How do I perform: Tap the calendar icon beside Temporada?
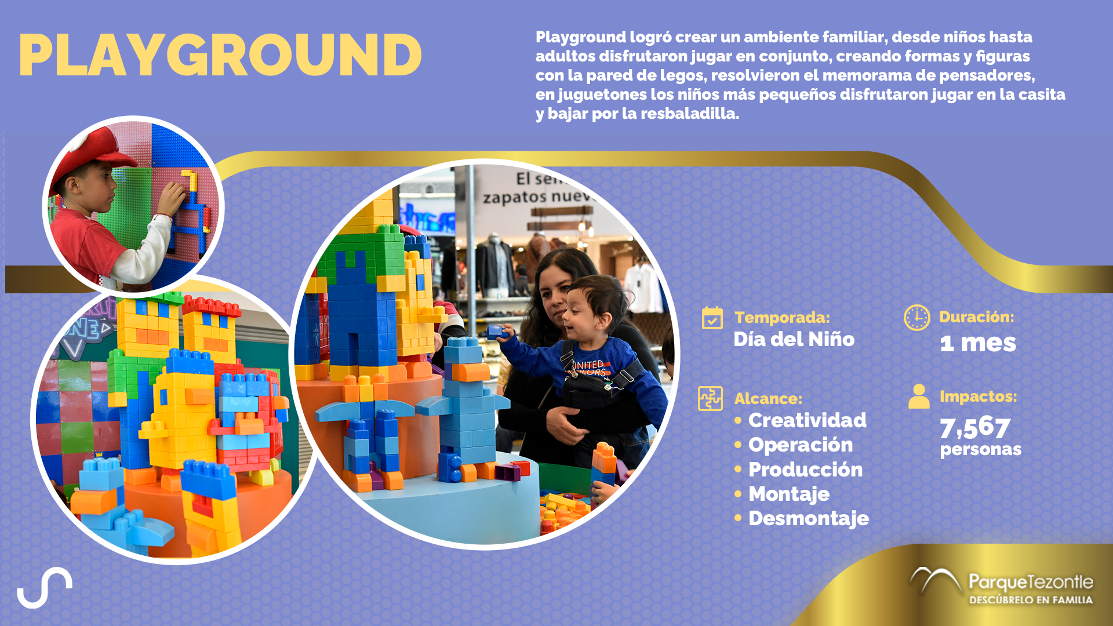(x=712, y=318)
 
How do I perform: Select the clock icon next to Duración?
(x=916, y=318)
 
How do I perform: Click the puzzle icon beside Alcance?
(x=710, y=398)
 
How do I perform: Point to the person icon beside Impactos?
(x=919, y=396)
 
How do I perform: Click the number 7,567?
(x=975, y=428)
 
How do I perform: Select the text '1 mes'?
(x=978, y=343)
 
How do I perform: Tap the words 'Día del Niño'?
(x=794, y=339)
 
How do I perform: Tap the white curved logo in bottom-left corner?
(x=45, y=587)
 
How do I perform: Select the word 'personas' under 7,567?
(x=981, y=450)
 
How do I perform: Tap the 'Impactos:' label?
(x=978, y=396)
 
